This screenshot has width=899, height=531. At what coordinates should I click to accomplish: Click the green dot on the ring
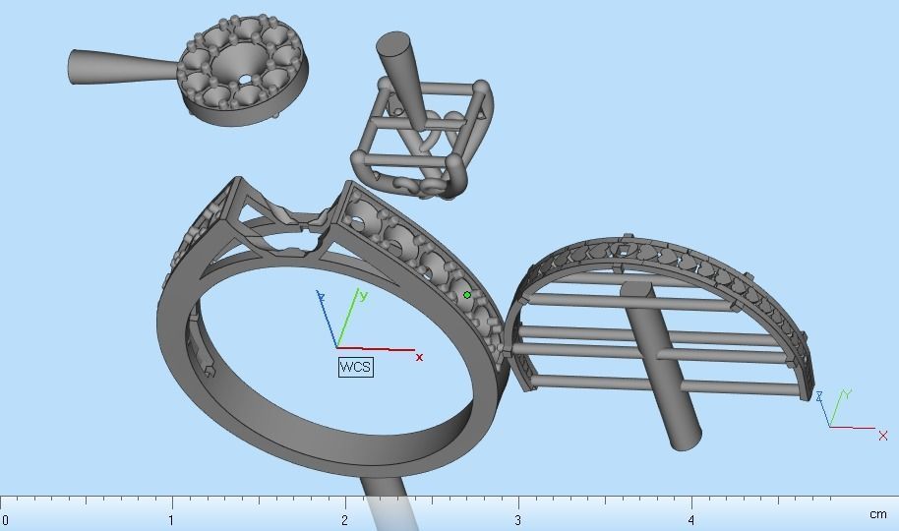point(467,295)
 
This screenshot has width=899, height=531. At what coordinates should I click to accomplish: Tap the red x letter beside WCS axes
point(420,357)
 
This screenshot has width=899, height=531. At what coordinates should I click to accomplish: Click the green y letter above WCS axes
point(364,294)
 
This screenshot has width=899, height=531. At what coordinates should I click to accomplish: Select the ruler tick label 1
point(171,519)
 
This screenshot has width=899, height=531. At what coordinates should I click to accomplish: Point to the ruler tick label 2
point(345,519)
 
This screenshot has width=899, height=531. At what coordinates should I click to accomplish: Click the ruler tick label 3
point(517,519)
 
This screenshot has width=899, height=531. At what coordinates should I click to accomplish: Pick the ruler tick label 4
point(691,519)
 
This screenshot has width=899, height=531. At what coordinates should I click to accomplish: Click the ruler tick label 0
point(6,519)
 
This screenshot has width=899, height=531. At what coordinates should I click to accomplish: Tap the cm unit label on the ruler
point(877,514)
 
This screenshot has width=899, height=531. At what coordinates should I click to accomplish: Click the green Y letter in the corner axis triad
point(847,394)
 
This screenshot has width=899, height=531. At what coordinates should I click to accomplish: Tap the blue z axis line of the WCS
point(328,321)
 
